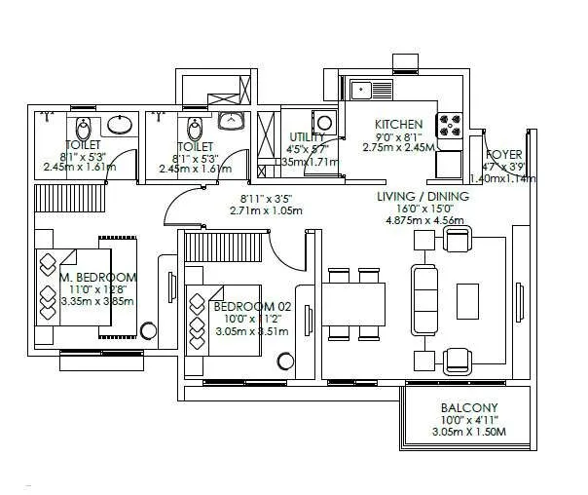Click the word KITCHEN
[399, 125]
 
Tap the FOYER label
[504, 154]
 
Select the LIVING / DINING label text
[423, 196]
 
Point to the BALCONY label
[469, 407]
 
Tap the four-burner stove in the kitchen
[450, 126]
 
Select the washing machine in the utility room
[326, 121]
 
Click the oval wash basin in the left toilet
[118, 124]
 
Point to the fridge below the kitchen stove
[449, 162]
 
